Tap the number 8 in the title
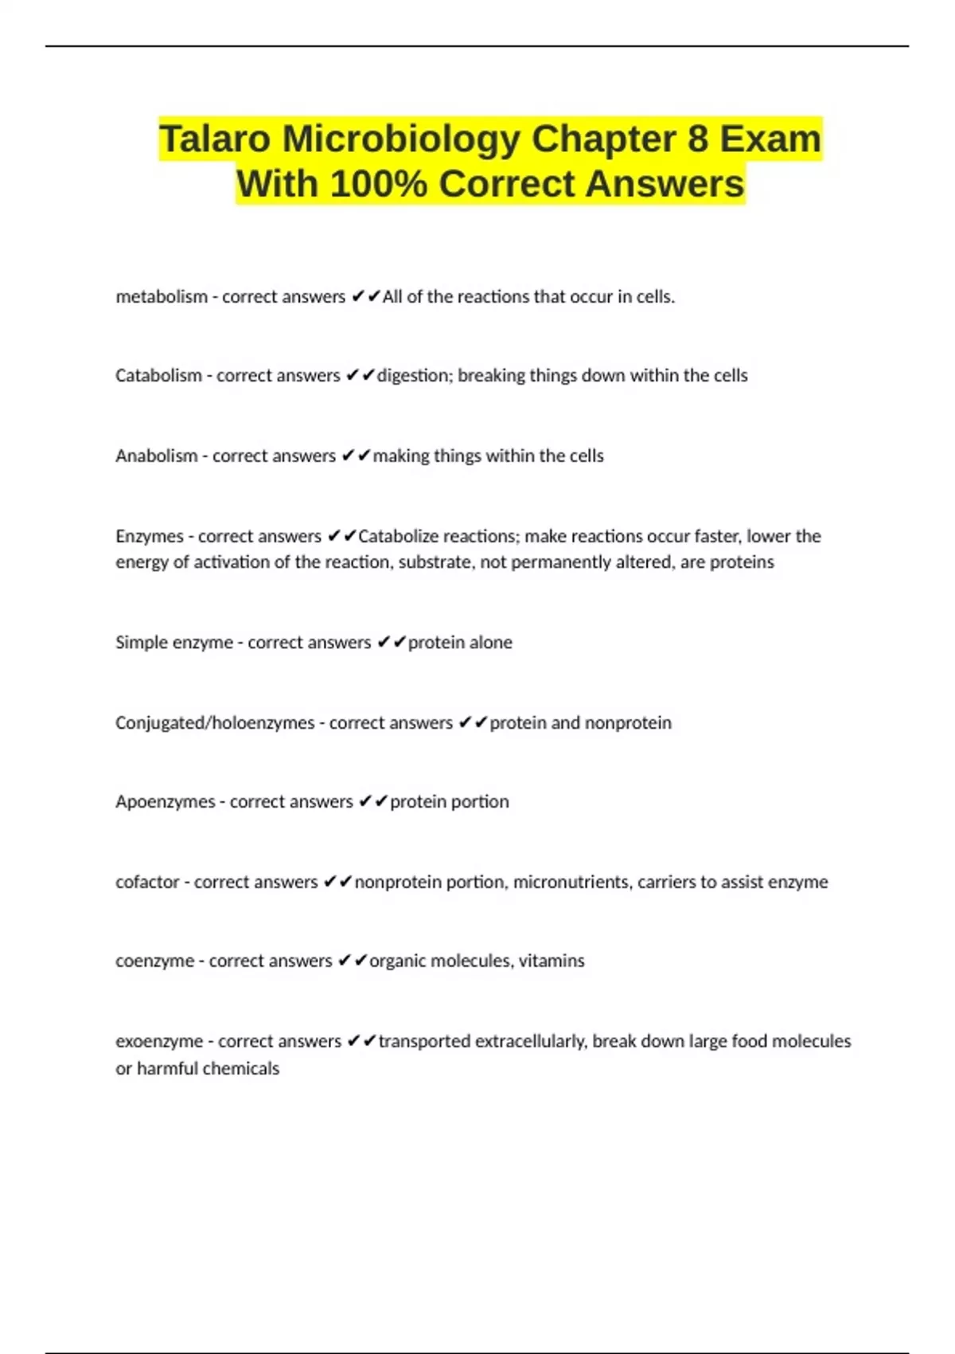point(697,139)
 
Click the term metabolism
point(162,297)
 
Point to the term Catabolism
point(158,376)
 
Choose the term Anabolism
point(157,456)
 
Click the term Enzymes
point(150,537)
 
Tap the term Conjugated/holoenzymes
point(215,723)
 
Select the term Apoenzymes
point(165,802)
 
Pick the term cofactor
point(147,882)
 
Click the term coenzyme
point(154,961)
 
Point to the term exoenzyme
point(159,1042)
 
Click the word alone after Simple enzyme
point(486,643)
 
